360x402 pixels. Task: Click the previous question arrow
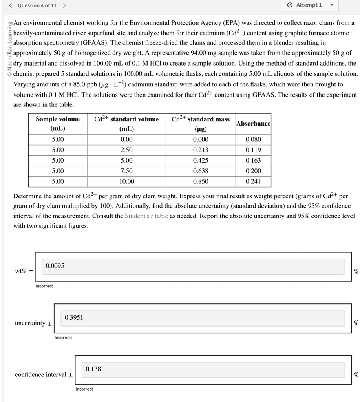[11, 5]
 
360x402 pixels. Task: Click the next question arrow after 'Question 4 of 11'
[64, 5]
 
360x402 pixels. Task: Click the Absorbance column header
[253, 124]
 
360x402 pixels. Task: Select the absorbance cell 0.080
[253, 139]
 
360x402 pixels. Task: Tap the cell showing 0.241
[253, 181]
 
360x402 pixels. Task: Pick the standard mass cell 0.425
[201, 160]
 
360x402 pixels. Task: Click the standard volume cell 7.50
[126, 171]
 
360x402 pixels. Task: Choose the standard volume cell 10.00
[126, 181]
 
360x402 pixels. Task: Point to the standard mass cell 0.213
[201, 150]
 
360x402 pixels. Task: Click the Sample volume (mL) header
[58, 124]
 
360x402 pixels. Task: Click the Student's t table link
[146, 216]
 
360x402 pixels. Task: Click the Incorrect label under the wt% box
[44, 286]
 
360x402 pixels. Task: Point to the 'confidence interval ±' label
[44, 375]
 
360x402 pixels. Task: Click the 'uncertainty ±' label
[33, 323]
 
